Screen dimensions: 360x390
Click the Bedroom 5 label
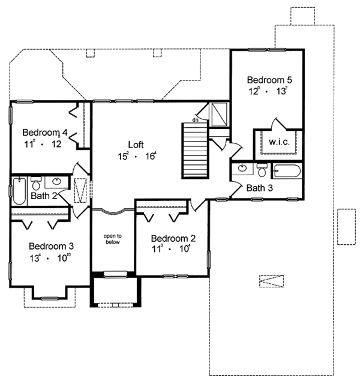pos(269,80)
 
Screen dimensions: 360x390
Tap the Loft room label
pos(136,145)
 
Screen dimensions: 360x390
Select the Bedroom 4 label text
pos(45,133)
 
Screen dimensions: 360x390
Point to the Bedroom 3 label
pos(51,246)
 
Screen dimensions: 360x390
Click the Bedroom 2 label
pos(173,239)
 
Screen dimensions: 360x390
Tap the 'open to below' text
pos(113,239)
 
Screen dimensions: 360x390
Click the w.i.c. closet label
pos(279,142)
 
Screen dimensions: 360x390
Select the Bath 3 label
pos(259,188)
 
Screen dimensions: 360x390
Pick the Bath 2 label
pos(44,196)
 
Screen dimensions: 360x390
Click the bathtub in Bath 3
pos(287,171)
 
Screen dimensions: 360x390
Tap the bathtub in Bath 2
pos(19,191)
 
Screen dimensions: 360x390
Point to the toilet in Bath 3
pos(262,170)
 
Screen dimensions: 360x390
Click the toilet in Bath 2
pos(37,184)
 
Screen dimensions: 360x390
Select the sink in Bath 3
pos(242,168)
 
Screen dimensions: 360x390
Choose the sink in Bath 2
pos(57,181)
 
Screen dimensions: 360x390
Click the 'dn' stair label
pos(196,120)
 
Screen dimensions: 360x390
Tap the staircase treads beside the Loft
pos(195,150)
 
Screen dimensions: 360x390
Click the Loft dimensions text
pos(137,156)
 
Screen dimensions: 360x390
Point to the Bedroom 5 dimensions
pos(268,91)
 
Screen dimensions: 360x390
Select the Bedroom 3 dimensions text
pos(51,258)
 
